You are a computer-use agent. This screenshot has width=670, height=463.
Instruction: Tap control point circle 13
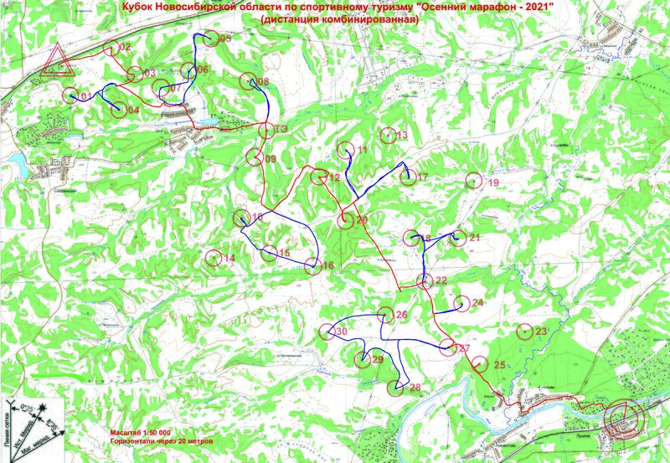pos(386,135)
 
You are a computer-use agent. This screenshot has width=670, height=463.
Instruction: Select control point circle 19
pos(473,181)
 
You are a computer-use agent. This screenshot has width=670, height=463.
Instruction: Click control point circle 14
pos(213,258)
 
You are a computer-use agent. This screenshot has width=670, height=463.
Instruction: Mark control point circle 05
pos(209,39)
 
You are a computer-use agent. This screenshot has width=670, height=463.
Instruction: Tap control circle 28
pos(396,387)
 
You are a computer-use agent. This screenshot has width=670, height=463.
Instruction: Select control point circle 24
pos(460,303)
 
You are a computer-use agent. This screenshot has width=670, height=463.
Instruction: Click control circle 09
pos(254,157)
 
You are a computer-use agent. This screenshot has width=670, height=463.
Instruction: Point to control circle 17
pos(406,177)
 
